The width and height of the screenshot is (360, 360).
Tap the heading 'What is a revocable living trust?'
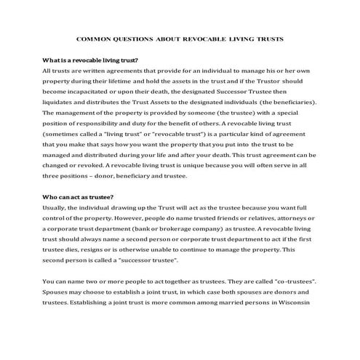click(90, 60)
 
